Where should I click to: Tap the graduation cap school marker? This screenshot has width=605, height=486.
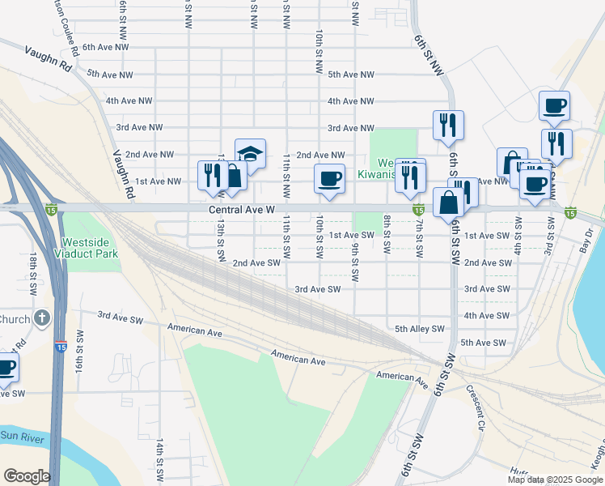[x=251, y=154]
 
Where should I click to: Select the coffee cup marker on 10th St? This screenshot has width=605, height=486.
[x=329, y=178]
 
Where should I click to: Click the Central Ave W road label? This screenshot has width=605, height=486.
[x=243, y=209]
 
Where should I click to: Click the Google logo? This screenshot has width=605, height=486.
[x=27, y=476]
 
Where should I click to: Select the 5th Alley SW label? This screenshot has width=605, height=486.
[x=420, y=329]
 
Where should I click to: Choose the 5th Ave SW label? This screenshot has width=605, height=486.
[x=484, y=343]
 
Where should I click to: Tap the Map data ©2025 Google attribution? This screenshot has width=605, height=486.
[x=555, y=480]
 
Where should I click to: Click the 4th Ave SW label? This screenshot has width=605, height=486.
[x=486, y=316]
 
